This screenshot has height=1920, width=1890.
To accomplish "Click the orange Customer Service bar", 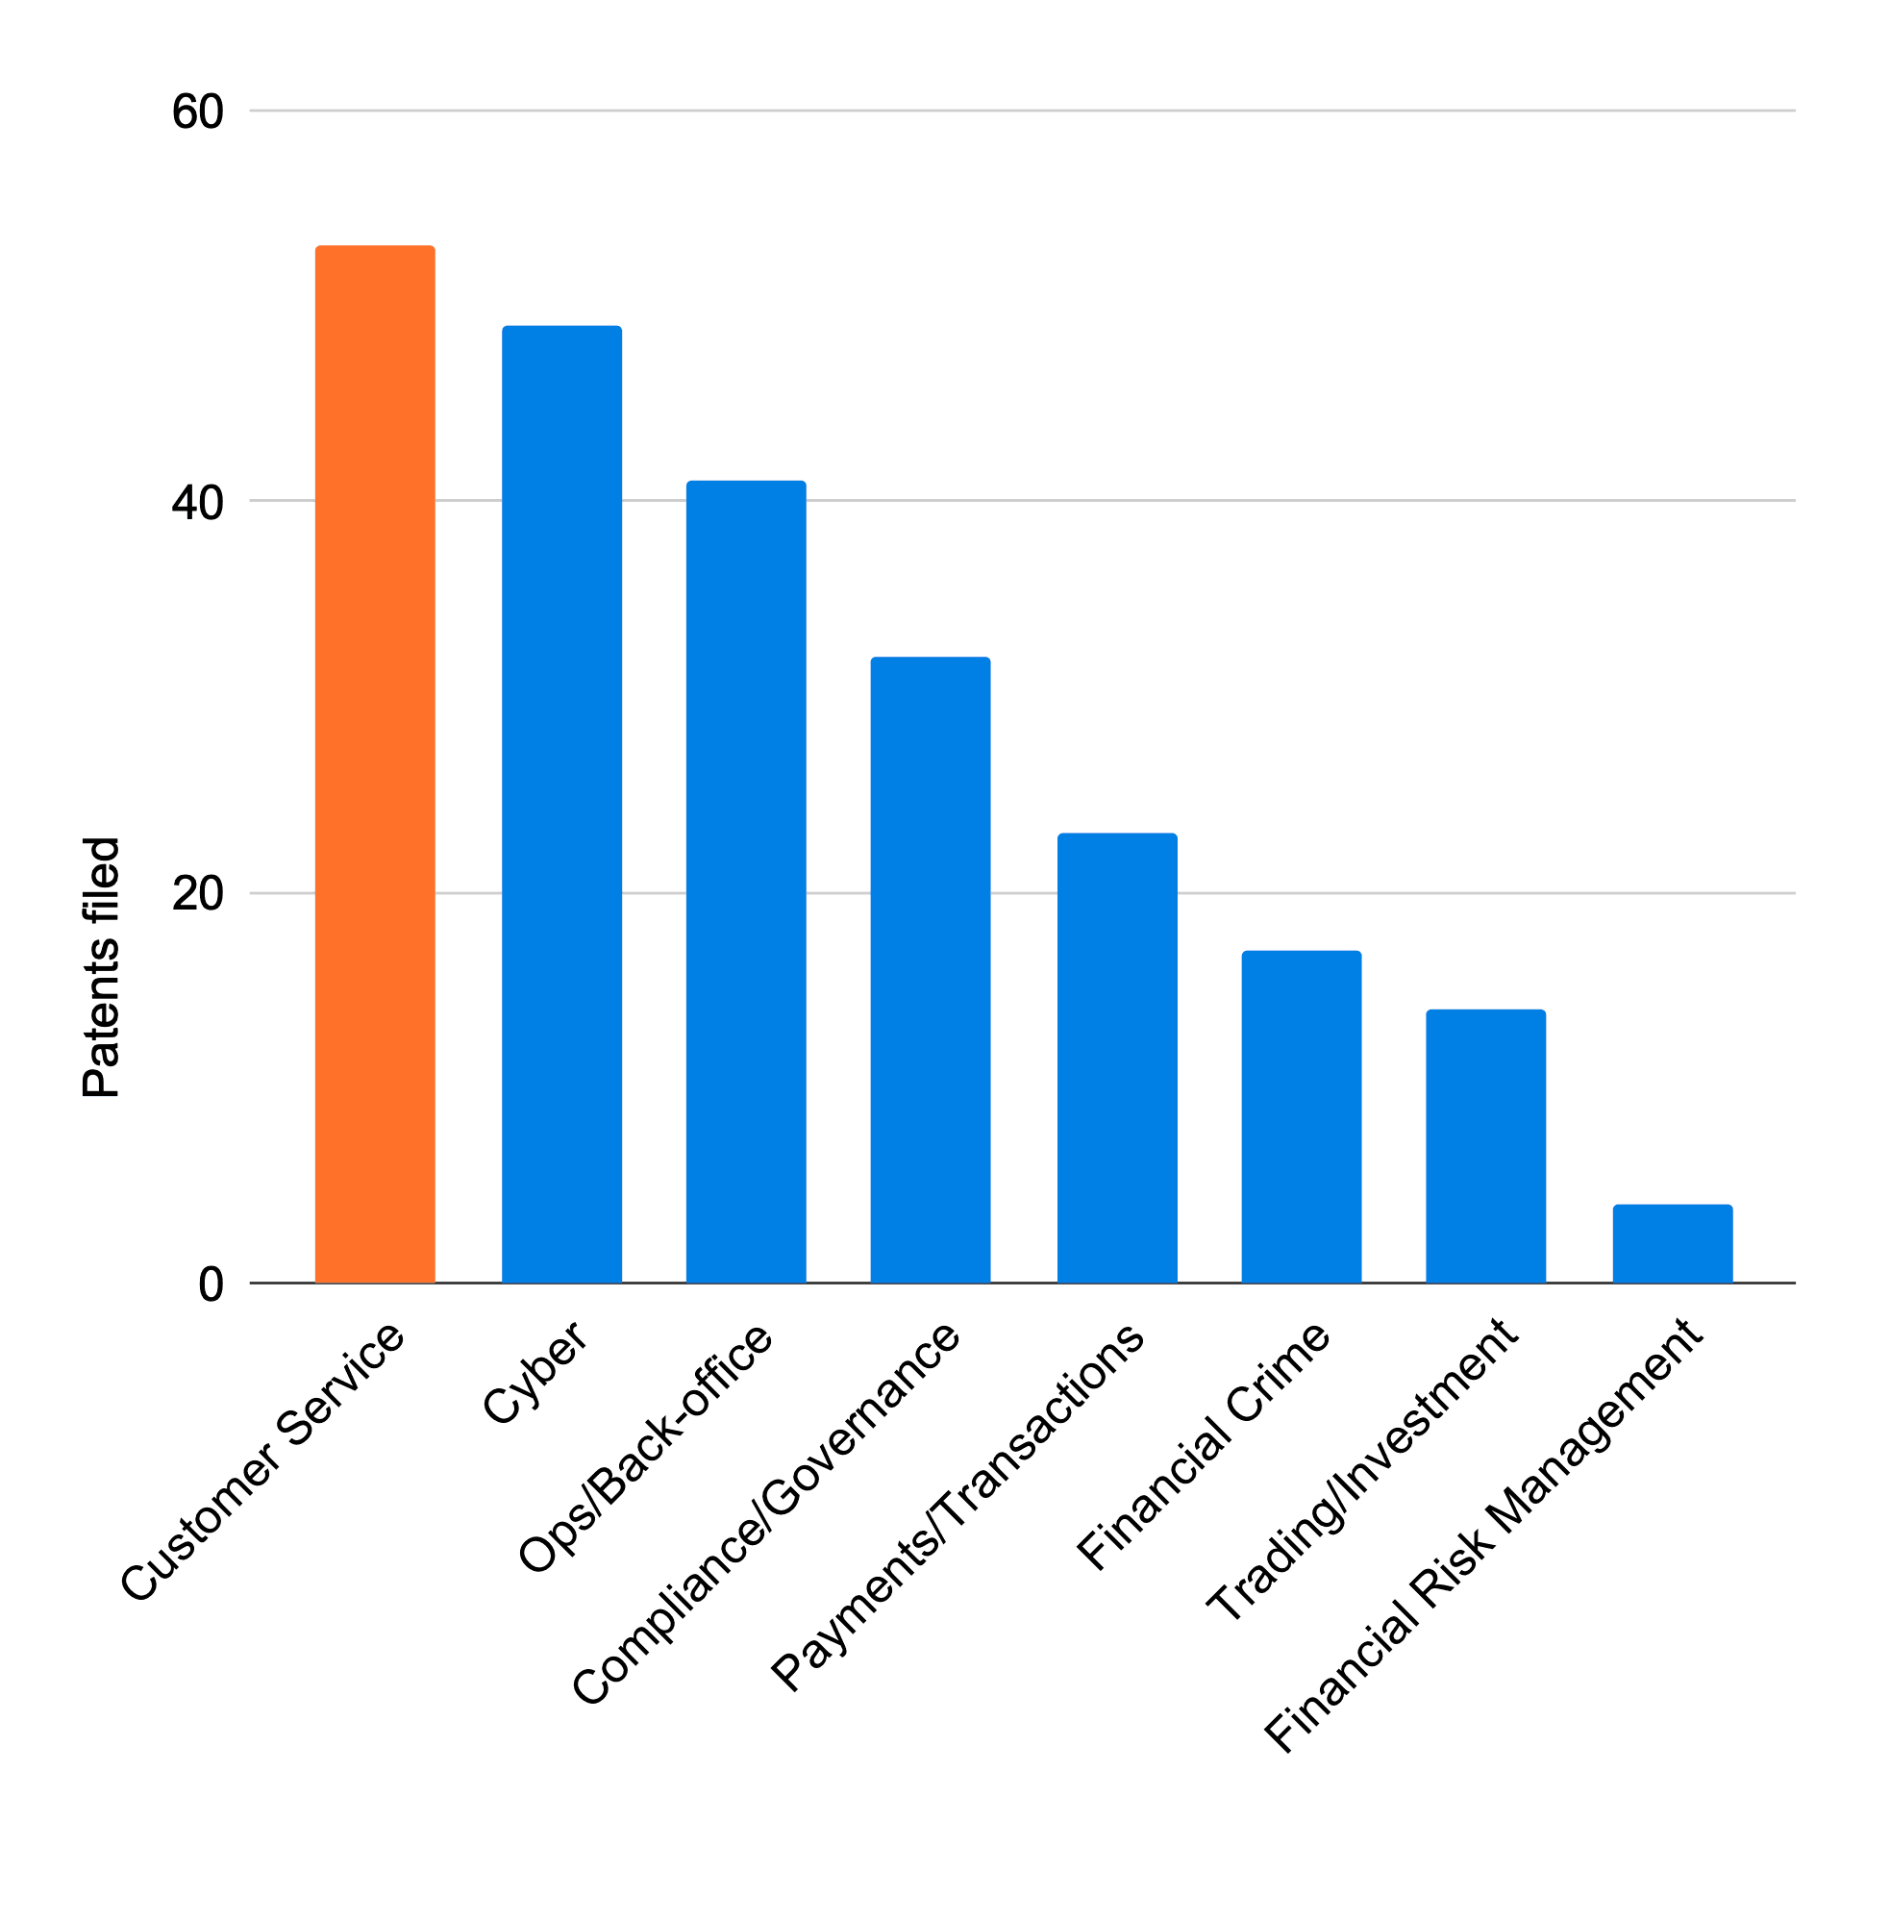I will pyautogui.click(x=375, y=764).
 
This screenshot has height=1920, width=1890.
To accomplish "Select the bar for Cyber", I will pyautogui.click(x=561, y=804).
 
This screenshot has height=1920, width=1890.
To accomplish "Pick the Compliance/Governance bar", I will pyautogui.click(x=932, y=970).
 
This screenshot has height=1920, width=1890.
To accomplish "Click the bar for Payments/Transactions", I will pyautogui.click(x=1117, y=1059).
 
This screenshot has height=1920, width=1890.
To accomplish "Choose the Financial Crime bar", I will pyautogui.click(x=1302, y=1117).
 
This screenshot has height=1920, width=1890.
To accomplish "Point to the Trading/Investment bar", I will pyautogui.click(x=1486, y=1147).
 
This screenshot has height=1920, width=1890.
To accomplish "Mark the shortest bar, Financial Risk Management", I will pyautogui.click(x=1673, y=1244).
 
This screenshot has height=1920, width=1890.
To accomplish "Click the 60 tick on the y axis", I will pyautogui.click(x=197, y=112).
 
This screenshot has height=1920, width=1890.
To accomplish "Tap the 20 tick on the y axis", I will pyautogui.click(x=197, y=893).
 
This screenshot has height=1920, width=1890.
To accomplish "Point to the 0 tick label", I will pyautogui.click(x=211, y=1284).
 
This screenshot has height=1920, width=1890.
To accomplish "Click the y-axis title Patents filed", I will pyautogui.click(x=101, y=968).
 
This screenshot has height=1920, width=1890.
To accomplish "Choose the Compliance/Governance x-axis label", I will pyautogui.click(x=766, y=1513).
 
